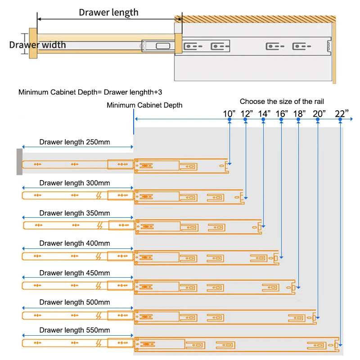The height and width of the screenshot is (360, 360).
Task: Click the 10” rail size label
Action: pyautogui.click(x=229, y=113)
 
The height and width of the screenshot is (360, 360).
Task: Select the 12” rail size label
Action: pyautogui.click(x=247, y=113)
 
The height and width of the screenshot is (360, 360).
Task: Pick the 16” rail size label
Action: pyautogui.click(x=282, y=113)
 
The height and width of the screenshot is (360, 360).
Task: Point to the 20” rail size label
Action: pyautogui.click(x=319, y=113)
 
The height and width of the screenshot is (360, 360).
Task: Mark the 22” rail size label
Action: pyautogui.click(x=342, y=113)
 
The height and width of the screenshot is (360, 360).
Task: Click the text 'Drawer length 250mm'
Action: pyautogui.click(x=74, y=142)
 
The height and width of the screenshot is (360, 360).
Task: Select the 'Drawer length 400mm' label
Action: pyautogui.click(x=74, y=243)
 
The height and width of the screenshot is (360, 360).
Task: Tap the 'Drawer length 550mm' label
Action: pyautogui.click(x=74, y=330)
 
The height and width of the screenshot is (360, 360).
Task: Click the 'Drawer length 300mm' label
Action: pyautogui.click(x=74, y=183)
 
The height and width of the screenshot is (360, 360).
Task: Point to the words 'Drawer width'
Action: pyautogui.click(x=37, y=45)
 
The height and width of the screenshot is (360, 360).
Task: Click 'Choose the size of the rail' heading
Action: pyautogui.click(x=282, y=102)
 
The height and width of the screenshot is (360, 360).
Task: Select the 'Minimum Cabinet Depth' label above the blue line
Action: pyautogui.click(x=144, y=105)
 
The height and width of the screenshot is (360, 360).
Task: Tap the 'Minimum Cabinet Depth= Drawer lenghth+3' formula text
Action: pyautogui.click(x=90, y=92)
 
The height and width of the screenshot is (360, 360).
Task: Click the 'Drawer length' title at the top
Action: pyautogui.click(x=108, y=13)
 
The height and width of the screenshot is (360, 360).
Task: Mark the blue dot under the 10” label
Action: pyautogui.click(x=229, y=119)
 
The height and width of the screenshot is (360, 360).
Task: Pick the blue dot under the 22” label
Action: pyautogui.click(x=341, y=119)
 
